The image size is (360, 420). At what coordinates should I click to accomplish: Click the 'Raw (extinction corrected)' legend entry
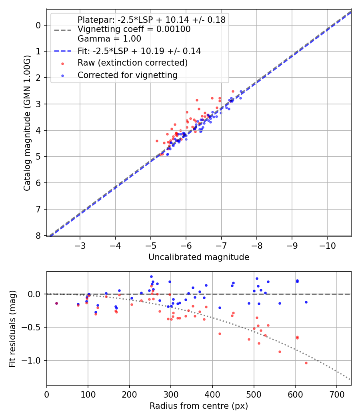[132, 63]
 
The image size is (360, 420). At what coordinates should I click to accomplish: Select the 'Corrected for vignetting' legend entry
[127, 75]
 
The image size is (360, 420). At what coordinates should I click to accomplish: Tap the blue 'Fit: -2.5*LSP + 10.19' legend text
[139, 51]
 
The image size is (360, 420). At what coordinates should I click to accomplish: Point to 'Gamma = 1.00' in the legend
[109, 39]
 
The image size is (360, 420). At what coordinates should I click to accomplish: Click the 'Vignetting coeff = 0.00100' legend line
[134, 29]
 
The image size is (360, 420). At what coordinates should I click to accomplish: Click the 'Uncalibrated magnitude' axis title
[199, 257]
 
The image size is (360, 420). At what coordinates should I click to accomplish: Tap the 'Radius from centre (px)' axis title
[199, 406]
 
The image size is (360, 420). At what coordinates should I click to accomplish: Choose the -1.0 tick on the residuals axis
[34, 360]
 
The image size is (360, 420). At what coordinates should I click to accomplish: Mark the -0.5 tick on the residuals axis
[34, 327]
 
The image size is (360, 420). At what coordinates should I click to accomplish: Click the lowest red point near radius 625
[306, 363]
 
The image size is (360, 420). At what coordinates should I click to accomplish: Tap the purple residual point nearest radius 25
[56, 303]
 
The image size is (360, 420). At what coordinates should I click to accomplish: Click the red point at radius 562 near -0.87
[280, 352]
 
